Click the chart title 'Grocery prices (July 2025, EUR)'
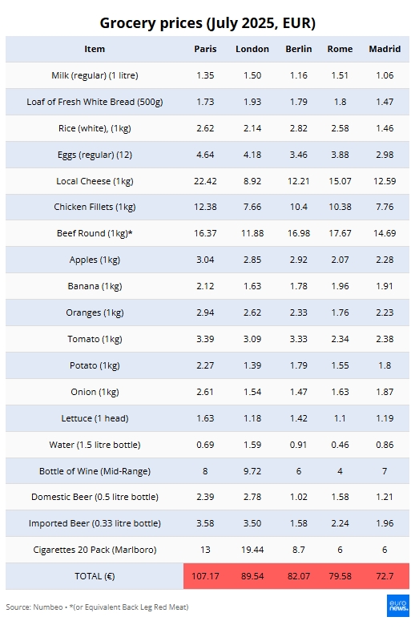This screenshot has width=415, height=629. pos(207,23)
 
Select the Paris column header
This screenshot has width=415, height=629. pos(205,49)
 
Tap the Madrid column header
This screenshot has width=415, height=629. pos(385,49)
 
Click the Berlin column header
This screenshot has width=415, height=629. pos(299,49)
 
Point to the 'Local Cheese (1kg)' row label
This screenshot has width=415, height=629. pos(95,181)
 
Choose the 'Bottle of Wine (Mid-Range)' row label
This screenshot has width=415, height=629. pos(95,471)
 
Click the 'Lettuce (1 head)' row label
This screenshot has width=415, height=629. pos(95,418)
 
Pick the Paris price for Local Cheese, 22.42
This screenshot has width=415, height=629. pos(205,181)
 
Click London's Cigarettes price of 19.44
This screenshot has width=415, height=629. pos(252,550)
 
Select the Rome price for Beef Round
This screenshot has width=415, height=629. pos(340,233)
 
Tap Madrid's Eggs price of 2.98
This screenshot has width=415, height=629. pos(385,155)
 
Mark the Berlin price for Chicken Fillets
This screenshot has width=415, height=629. pos(299,207)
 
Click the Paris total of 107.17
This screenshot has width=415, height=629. pos(205,576)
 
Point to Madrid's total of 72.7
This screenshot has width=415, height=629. pos(385,576)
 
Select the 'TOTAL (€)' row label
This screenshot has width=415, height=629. pos(95,576)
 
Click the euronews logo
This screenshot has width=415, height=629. pos(398,606)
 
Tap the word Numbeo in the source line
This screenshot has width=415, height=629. pos(48,607)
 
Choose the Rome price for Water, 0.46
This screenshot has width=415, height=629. pos(340,445)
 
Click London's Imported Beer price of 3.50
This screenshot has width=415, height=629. pos(252,523)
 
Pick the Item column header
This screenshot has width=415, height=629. pos(95,49)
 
